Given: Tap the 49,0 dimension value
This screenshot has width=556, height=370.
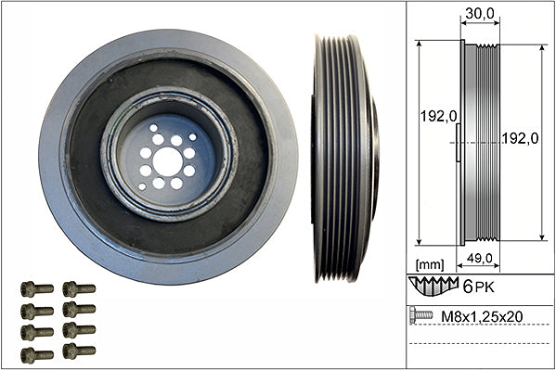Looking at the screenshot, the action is click(x=479, y=258).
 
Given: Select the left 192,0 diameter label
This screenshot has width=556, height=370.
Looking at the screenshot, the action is click(x=439, y=116).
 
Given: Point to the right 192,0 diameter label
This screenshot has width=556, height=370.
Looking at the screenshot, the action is click(x=520, y=138).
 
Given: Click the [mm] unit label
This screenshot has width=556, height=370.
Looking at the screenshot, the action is click(x=430, y=264).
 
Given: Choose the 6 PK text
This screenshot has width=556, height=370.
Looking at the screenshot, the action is click(x=478, y=287).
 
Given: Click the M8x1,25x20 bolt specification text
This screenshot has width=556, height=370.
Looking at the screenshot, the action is click(x=482, y=316).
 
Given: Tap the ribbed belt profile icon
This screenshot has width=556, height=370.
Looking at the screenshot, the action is click(x=433, y=286).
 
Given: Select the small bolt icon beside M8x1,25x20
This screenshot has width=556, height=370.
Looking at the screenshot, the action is click(x=421, y=314).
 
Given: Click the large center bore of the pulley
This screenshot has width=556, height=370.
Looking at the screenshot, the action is click(x=168, y=161).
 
